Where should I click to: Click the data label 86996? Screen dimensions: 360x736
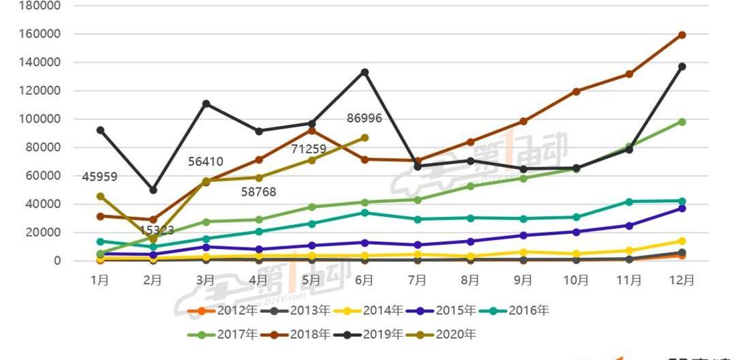(364, 118)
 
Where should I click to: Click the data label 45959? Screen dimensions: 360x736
(99, 177)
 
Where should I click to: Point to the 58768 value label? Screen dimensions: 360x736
(259, 192)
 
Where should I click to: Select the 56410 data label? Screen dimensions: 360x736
(206, 162)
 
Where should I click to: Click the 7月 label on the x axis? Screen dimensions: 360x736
(417, 280)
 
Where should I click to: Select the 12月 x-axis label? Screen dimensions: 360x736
(681, 280)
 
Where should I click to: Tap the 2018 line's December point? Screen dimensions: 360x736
(681, 35)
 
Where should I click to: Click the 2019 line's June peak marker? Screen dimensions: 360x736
(365, 72)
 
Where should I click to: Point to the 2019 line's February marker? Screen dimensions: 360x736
(153, 190)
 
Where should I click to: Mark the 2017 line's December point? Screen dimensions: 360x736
(681, 122)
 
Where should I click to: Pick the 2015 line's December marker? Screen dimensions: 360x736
(681, 208)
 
